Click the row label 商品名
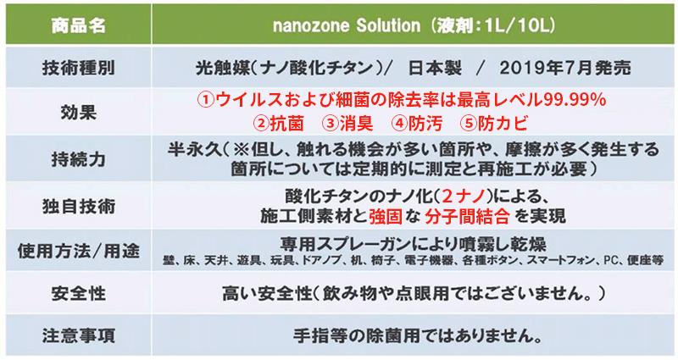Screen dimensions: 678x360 (x=78, y=25)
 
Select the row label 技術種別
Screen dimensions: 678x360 (x=78, y=68)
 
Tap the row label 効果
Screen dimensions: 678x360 (x=78, y=113)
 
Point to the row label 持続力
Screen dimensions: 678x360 (x=78, y=159)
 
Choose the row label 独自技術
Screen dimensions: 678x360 (x=78, y=206)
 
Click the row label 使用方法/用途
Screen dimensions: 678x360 (x=78, y=251)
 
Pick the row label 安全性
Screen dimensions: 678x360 (x=78, y=293)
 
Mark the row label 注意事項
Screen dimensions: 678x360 (x=78, y=335)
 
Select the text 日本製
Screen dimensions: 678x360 (x=435, y=68)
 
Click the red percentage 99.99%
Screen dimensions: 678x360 (x=575, y=100)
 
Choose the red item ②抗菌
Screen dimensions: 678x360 (x=279, y=124)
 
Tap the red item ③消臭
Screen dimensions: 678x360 (x=347, y=124)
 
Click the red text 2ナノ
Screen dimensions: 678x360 (x=464, y=197)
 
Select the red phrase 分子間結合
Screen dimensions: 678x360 (x=467, y=217)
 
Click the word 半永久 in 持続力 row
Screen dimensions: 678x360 (x=195, y=150)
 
